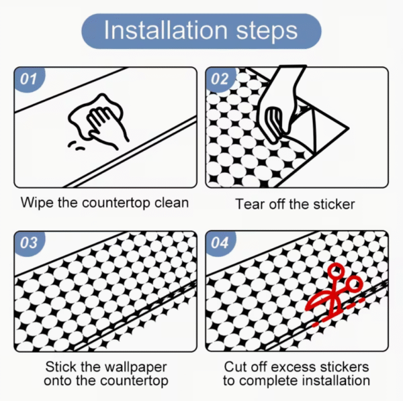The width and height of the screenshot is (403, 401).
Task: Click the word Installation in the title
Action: coord(166,30)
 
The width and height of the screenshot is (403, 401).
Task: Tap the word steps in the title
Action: coord(267,32)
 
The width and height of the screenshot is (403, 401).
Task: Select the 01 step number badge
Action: coord(29,79)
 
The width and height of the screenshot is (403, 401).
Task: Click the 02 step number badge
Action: coord(220,79)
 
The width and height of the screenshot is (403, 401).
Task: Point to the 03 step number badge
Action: coord(29,243)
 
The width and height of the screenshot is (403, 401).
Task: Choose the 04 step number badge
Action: coord(220,243)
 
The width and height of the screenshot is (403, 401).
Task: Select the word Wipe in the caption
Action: coord(38,203)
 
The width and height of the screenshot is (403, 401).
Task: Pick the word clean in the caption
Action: coord(171,203)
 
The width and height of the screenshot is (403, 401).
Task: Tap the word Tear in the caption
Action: coord(251,205)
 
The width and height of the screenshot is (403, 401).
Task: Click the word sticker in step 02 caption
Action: coord(334,205)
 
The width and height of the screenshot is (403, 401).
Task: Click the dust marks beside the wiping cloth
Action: coord(77,146)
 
